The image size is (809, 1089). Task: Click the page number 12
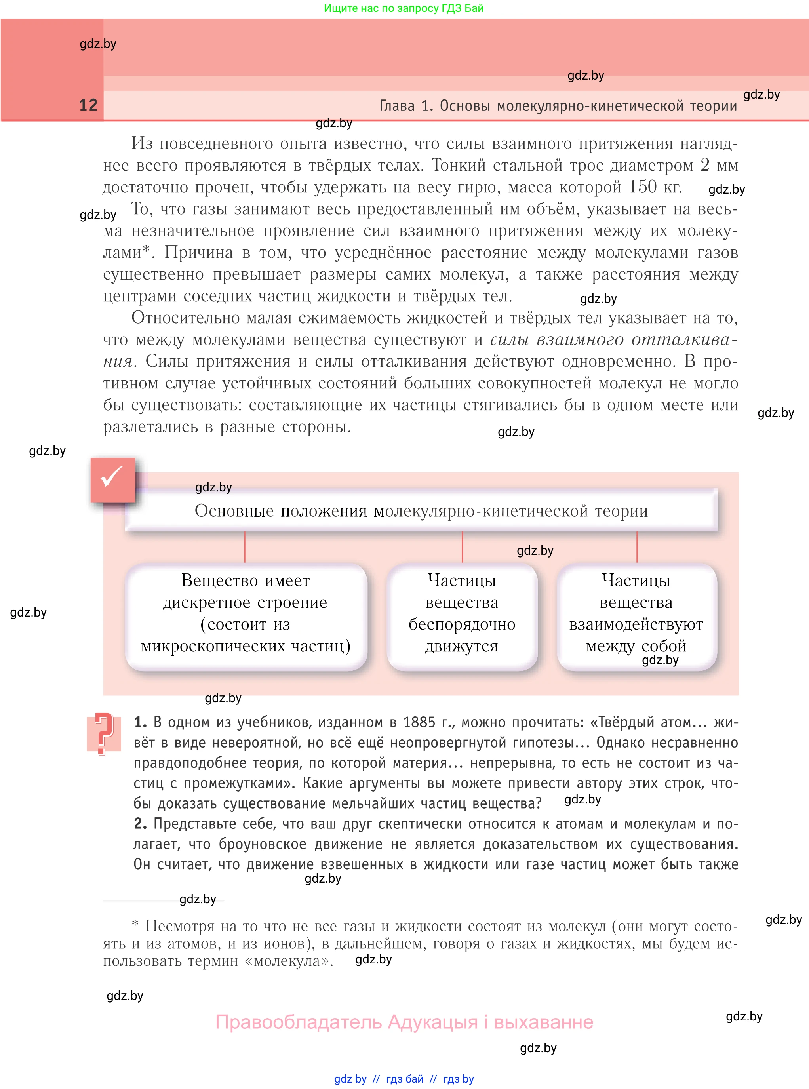pos(88,105)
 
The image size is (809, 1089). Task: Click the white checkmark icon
pos(112,478)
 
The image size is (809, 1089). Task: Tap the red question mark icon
pos(103,733)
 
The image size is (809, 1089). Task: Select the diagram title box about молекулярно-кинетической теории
pos(421,511)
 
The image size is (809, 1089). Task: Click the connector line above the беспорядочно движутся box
pos(462,547)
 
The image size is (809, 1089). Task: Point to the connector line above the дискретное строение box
pos(245,547)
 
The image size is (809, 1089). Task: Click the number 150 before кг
pos(643,187)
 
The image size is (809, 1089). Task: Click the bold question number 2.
pos(140,824)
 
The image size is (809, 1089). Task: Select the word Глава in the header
pos(397,106)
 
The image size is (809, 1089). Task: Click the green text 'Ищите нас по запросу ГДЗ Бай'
pos(404,8)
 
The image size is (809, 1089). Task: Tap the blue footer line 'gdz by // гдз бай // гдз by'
pos(404,1079)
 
